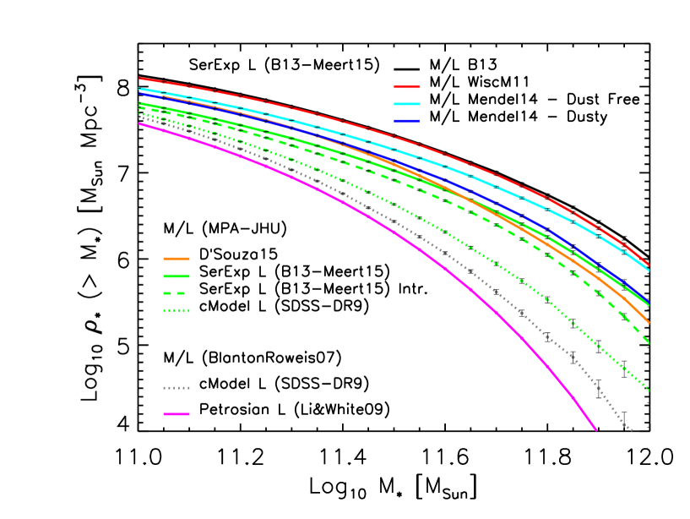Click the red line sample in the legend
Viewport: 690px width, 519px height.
[x=406, y=86]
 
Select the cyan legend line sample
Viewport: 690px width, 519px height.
[x=406, y=104]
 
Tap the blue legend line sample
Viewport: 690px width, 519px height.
[x=406, y=121]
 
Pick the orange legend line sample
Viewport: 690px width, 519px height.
[x=177, y=258]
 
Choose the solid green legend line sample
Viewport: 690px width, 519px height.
[x=177, y=276]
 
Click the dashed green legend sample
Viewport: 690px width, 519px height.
[x=177, y=293]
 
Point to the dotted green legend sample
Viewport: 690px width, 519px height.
[x=177, y=310]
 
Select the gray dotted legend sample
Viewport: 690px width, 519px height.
[x=177, y=388]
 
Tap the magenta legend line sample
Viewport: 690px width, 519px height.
[x=177, y=414]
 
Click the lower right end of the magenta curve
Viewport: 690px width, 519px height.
[x=596, y=429]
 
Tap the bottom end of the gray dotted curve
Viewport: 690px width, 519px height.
[x=631, y=430]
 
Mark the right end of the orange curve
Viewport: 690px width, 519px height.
[x=649, y=323]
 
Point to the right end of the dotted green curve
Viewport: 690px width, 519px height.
[x=649, y=390]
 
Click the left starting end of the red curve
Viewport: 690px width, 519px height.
[x=139, y=79]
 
